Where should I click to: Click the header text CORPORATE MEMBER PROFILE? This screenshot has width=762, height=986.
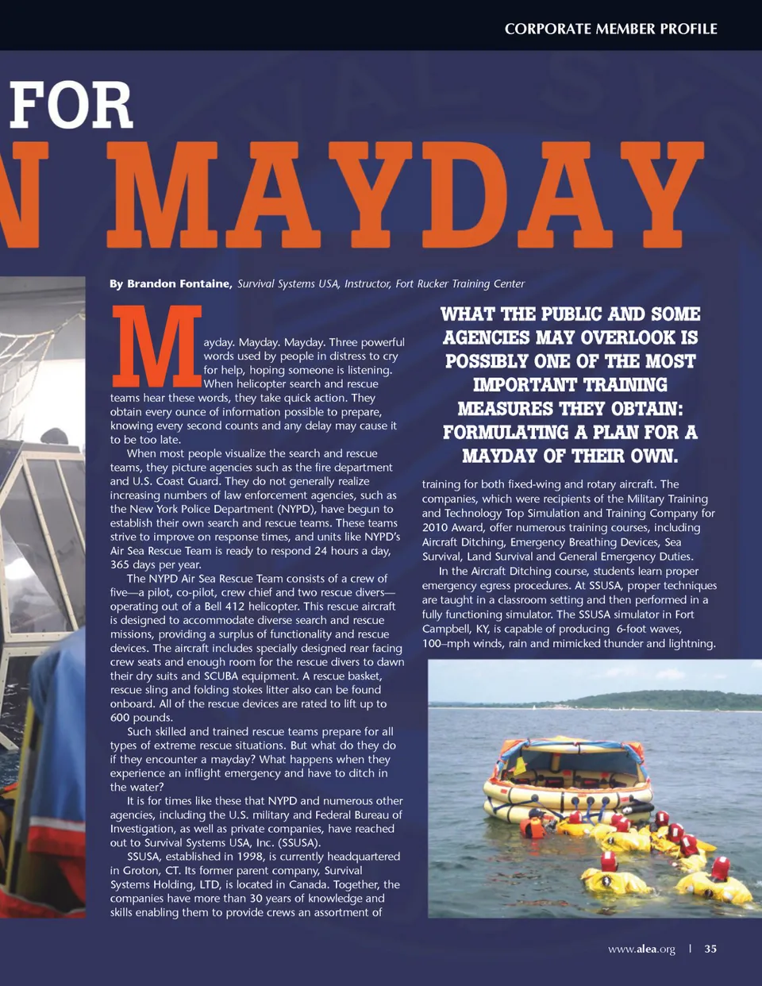coord(610,29)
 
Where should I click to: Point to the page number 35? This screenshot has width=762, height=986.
coord(710,949)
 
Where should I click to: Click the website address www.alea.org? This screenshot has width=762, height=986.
coord(641,949)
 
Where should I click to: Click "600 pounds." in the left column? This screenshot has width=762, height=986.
coord(140,718)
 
